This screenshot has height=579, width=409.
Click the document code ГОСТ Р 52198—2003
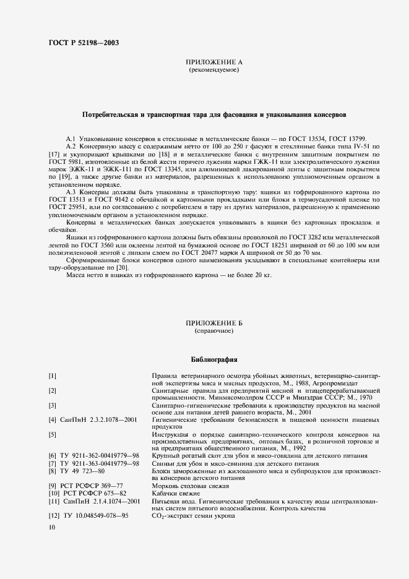pyautogui.click(x=84, y=43)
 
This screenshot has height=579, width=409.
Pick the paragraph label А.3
pyautogui.click(x=71, y=192)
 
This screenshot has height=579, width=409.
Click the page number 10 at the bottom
pyautogui.click(x=51, y=527)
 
